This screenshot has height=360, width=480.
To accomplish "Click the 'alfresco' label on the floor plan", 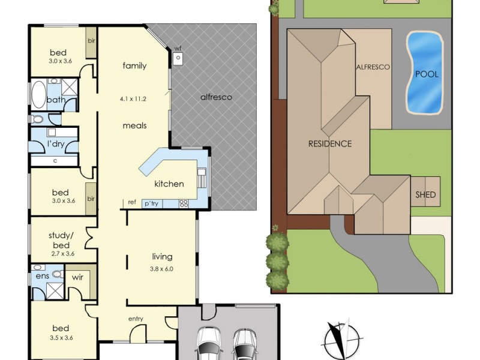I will tap(216, 97).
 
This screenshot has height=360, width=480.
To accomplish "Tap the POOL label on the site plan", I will tap(426, 74).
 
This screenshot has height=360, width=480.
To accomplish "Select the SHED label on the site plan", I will tap(425, 195).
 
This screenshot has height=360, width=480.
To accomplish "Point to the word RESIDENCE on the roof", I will tap(329, 143).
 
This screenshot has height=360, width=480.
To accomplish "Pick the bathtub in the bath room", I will tap(37, 94).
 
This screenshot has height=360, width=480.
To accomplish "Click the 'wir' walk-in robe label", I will tap(77, 278).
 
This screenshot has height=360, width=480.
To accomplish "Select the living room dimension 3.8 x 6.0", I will tap(161, 269).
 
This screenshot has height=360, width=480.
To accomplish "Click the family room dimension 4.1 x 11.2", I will tap(134, 99).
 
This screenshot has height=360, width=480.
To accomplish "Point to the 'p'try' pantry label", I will tap(150, 204).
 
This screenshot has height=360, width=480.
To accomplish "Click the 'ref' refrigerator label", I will tap(131, 203).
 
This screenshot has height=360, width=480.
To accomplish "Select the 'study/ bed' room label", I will tap(59, 241).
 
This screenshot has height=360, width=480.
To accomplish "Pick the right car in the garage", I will tap(245, 344).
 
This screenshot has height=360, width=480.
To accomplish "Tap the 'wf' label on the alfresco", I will tap(178, 49).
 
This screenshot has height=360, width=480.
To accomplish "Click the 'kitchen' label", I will tap(169, 184).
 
